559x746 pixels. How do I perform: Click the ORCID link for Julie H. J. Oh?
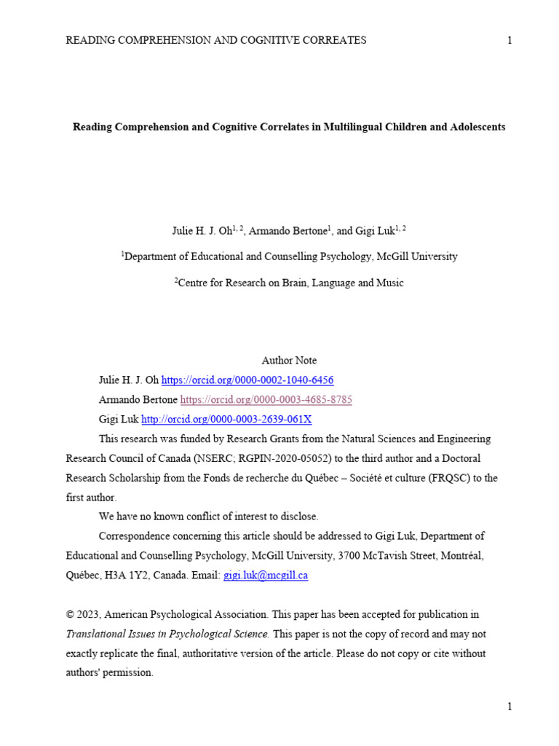coord(247,380)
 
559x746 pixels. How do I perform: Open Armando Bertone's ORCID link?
coord(266,400)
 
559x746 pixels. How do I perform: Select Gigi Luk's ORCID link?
coord(226,420)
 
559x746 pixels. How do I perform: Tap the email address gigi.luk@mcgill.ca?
coord(266,576)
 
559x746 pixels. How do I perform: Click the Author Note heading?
coord(289,361)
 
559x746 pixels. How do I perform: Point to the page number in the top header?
coord(510,41)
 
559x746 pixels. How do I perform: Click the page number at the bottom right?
coord(510,706)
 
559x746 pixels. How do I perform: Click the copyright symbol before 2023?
coord(70,615)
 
